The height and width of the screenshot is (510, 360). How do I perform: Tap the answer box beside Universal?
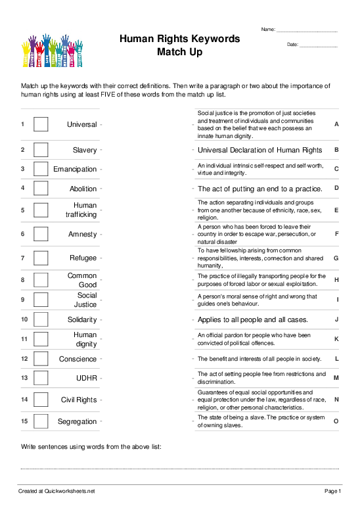[x=41, y=124]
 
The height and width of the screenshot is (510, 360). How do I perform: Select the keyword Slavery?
[x=85, y=150]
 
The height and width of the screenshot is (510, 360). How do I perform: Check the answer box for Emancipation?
[x=41, y=169]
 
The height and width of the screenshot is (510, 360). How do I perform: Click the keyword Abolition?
[x=83, y=189]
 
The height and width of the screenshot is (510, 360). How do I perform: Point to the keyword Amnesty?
[x=82, y=234]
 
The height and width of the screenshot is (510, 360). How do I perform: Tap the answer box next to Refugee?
[x=41, y=258]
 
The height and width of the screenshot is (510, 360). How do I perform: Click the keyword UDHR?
[x=86, y=378]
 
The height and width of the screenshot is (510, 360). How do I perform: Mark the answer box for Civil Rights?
[x=41, y=400]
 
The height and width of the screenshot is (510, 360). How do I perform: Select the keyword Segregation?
[x=77, y=421]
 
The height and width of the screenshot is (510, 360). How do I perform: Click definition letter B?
[x=336, y=150]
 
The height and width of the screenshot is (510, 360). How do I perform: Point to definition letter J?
[x=336, y=319]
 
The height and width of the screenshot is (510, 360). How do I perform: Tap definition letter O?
[x=336, y=421]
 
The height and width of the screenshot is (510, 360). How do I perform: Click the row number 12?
[x=23, y=359]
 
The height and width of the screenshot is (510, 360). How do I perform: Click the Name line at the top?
[x=307, y=31]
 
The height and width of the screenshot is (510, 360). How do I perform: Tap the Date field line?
[x=318, y=45]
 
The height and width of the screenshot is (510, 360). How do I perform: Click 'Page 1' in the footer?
[x=333, y=491]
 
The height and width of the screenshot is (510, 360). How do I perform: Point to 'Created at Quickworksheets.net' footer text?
[x=56, y=491]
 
